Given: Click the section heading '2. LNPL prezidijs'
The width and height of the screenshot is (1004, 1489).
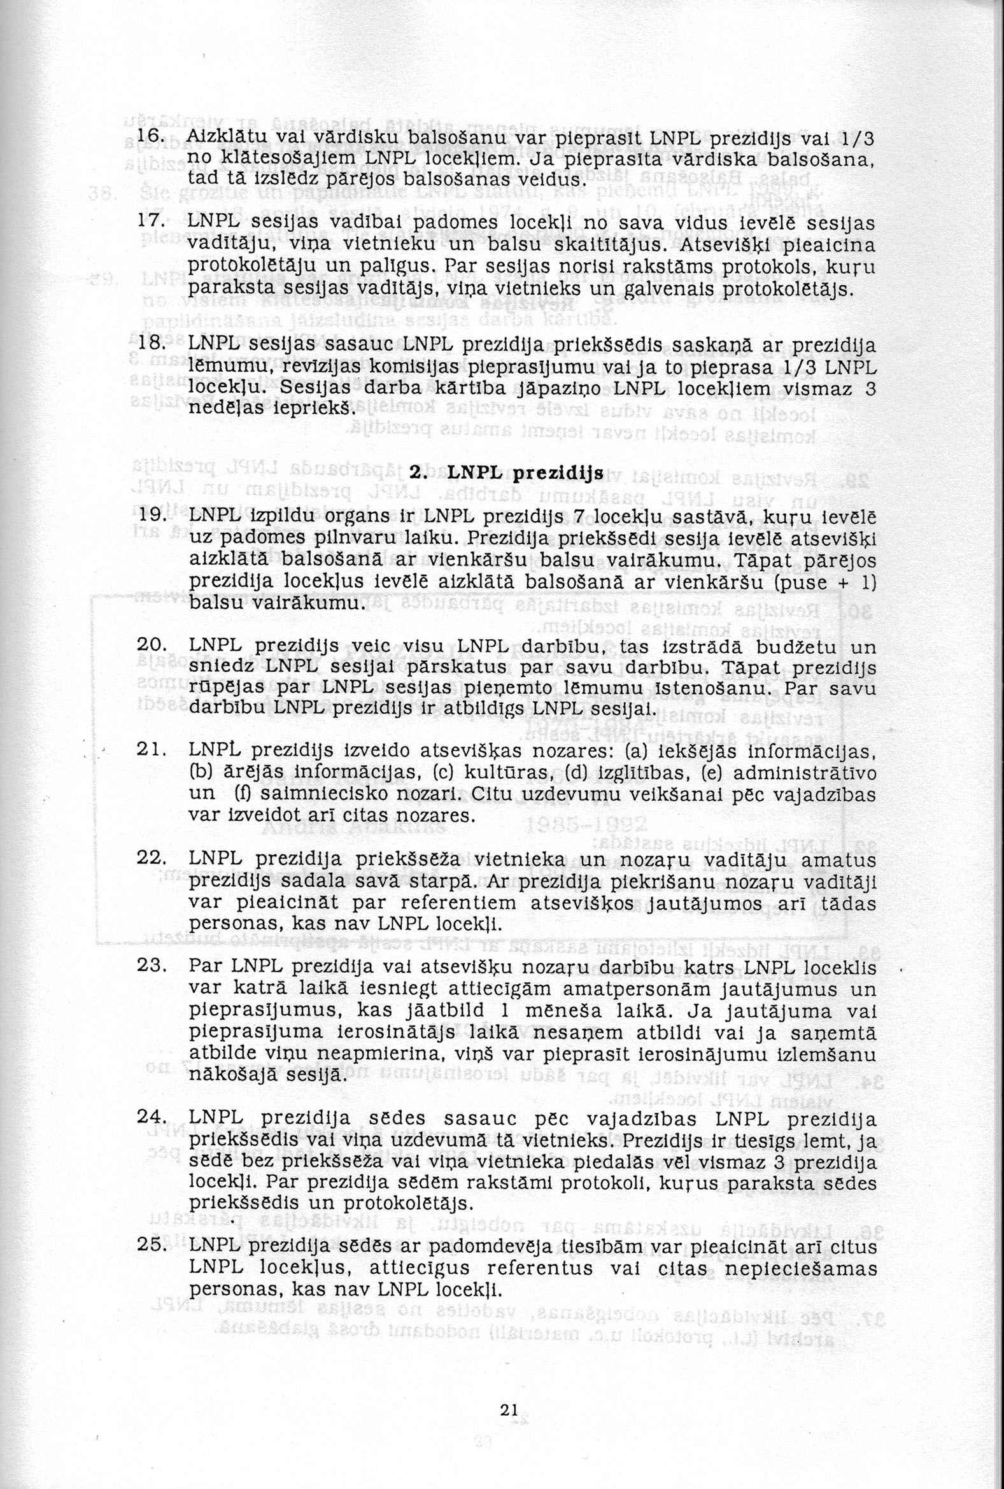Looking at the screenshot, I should (x=507, y=474).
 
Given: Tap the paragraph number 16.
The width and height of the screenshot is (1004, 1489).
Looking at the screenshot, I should (x=152, y=139).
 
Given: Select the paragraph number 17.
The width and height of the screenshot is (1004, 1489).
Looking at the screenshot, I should (x=150, y=223).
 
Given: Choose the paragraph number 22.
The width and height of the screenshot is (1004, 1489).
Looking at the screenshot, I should (x=151, y=860).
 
